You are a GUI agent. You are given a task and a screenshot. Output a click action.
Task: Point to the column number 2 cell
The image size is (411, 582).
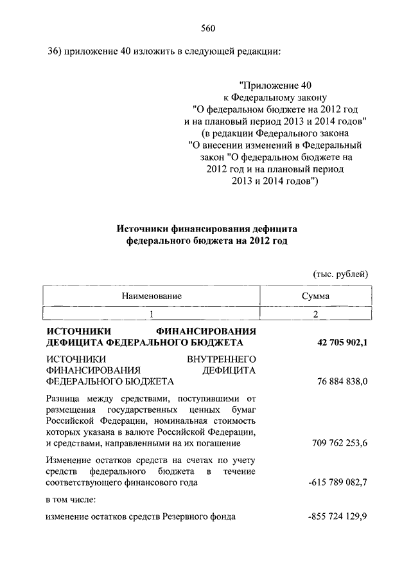pos(315,314)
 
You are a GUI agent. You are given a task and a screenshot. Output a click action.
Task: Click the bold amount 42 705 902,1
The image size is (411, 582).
pos(342,343)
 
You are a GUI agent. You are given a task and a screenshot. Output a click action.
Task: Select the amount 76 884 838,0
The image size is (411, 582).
pos(342,382)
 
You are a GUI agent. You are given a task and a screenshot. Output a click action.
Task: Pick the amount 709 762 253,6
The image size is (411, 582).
pos(339,443)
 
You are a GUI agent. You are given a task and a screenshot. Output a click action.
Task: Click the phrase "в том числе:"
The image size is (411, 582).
pos(71,499)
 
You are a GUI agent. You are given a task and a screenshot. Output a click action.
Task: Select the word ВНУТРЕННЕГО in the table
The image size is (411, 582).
pos(222,358)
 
